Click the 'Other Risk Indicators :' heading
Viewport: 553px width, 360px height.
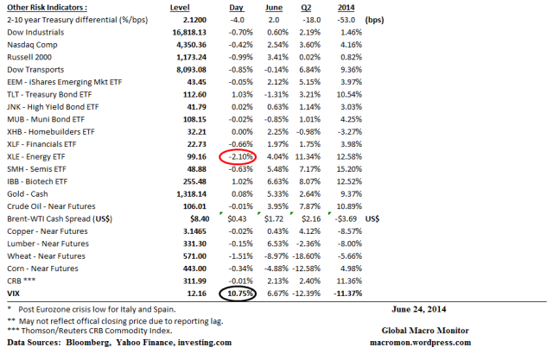[x=43, y=6]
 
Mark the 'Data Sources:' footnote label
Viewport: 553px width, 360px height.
[x=31, y=343]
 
